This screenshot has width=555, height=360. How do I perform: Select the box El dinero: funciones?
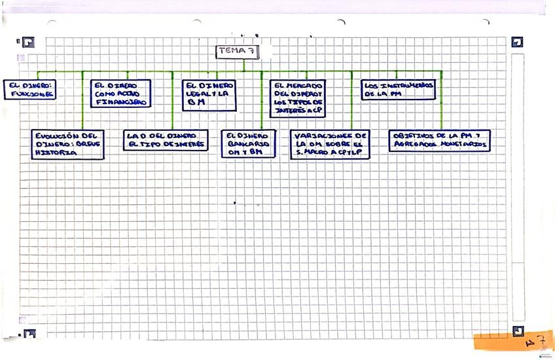coord(29,90)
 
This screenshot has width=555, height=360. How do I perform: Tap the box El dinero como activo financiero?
coord(120,94)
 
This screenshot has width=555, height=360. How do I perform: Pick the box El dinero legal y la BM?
coord(208,94)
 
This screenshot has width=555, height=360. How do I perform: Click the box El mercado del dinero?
coord(297,98)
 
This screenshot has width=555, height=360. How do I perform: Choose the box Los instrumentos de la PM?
coord(398,90)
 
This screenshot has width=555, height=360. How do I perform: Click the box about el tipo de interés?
coord(166,140)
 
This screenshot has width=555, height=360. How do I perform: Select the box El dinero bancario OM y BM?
coord(248,144)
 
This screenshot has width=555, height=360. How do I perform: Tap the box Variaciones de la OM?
coord(330,144)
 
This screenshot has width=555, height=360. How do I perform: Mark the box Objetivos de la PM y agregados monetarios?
coord(440,140)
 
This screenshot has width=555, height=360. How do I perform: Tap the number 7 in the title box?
coord(249,50)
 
